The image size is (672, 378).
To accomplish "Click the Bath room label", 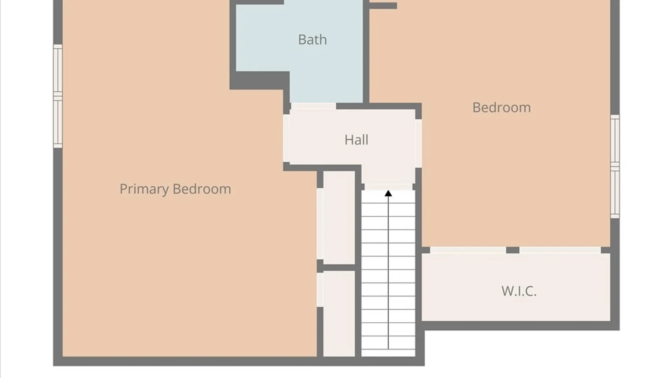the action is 313,40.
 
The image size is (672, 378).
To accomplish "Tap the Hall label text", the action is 356,140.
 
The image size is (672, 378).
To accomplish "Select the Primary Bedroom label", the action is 175,189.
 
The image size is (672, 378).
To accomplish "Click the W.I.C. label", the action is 519,291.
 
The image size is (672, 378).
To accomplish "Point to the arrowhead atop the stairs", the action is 388,194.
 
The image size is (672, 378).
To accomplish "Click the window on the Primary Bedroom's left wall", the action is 58,96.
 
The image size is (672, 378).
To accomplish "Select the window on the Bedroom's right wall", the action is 615,167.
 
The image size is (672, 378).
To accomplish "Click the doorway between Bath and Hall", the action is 313,106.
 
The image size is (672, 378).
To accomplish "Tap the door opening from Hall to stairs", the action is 388,187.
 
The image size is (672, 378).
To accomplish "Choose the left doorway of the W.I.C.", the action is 468,250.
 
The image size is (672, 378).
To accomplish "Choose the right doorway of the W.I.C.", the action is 560,250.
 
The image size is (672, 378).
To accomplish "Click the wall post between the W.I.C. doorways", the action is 513,250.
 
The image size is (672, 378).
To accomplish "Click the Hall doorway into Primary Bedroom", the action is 286,138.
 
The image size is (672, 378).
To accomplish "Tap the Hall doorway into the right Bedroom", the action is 418,143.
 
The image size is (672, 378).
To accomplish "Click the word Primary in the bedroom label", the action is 144,189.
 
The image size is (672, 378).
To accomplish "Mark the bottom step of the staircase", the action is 388,353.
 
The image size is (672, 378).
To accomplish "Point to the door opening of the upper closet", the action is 320,224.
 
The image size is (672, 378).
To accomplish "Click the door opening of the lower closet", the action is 320,290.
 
